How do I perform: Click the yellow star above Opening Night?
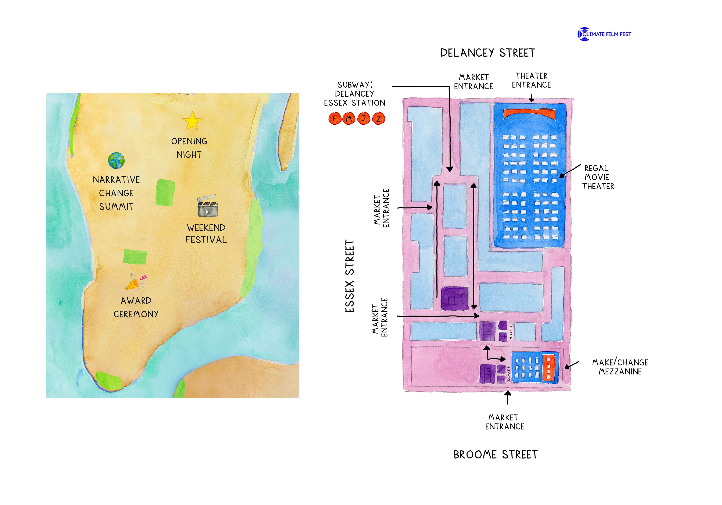(192, 121)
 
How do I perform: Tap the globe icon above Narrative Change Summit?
(116, 161)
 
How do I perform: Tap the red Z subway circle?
(378, 119)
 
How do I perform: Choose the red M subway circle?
(349, 119)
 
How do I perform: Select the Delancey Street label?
(487, 53)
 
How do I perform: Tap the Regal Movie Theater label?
(598, 177)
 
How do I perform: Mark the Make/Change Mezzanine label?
(620, 367)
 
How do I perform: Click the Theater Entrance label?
(532, 81)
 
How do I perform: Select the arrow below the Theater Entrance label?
(532, 99)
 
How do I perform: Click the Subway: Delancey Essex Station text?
(354, 94)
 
